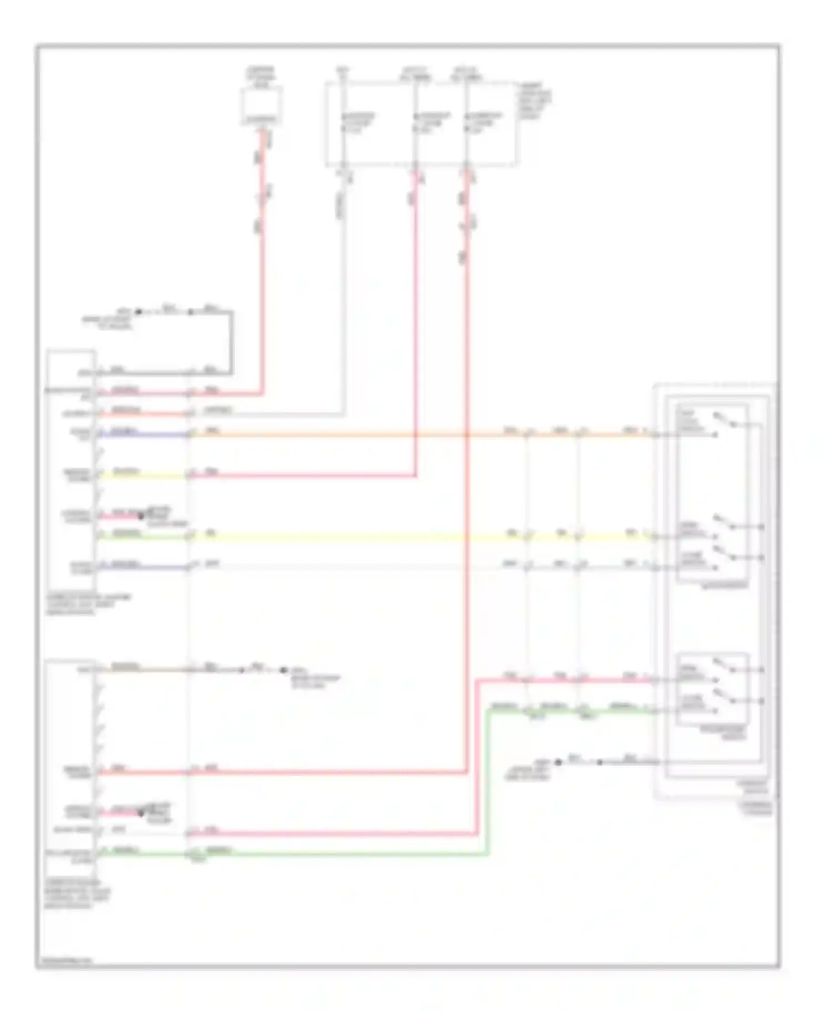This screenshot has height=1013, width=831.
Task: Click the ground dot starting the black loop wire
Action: [138, 312]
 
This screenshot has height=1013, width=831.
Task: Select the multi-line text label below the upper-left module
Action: [89, 605]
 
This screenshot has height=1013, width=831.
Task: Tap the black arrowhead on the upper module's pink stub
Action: [141, 516]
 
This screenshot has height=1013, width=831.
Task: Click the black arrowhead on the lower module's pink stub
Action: [141, 813]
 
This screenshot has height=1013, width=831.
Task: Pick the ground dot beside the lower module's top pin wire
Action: [283, 670]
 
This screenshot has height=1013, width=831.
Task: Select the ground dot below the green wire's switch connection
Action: [558, 762]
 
